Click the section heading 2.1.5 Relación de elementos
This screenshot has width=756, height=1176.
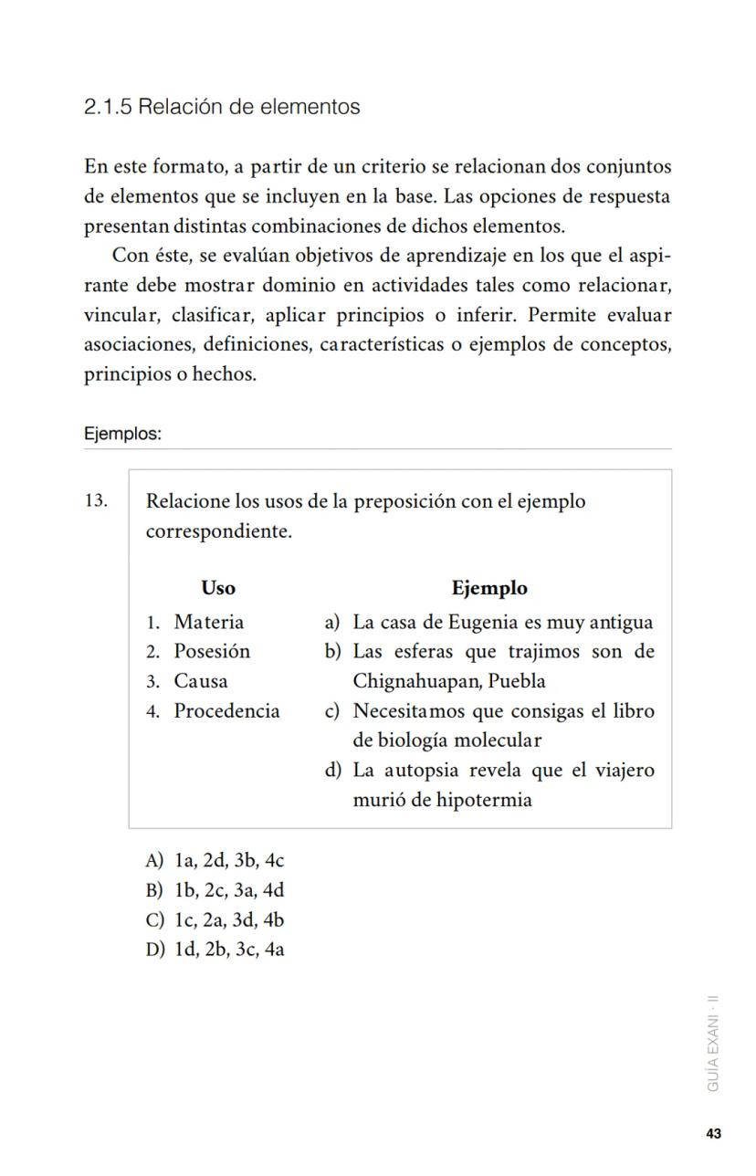(x=222, y=107)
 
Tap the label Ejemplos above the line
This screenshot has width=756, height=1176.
(x=122, y=434)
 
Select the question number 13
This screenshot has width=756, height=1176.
(x=96, y=500)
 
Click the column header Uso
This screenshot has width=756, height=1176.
(x=218, y=588)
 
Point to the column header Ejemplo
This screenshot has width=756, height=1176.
(x=489, y=588)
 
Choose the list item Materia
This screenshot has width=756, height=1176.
(x=209, y=622)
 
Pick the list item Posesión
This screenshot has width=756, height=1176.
(x=212, y=651)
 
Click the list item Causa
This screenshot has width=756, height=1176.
(x=201, y=681)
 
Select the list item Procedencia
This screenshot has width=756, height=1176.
(x=226, y=711)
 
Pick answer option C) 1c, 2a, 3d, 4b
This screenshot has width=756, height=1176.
(x=215, y=919)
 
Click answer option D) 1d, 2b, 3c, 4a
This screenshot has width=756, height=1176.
(x=215, y=950)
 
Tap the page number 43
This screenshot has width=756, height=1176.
(x=714, y=1134)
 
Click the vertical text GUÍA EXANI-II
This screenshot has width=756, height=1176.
(x=714, y=1043)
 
